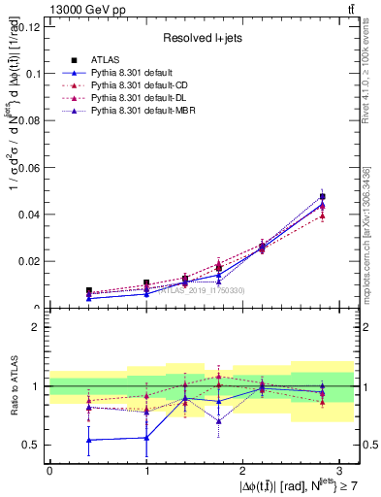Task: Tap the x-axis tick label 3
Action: tap(339, 469)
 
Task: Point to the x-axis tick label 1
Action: tap(146, 469)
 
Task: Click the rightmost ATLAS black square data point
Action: tap(322, 197)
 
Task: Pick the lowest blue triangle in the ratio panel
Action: tap(88, 440)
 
